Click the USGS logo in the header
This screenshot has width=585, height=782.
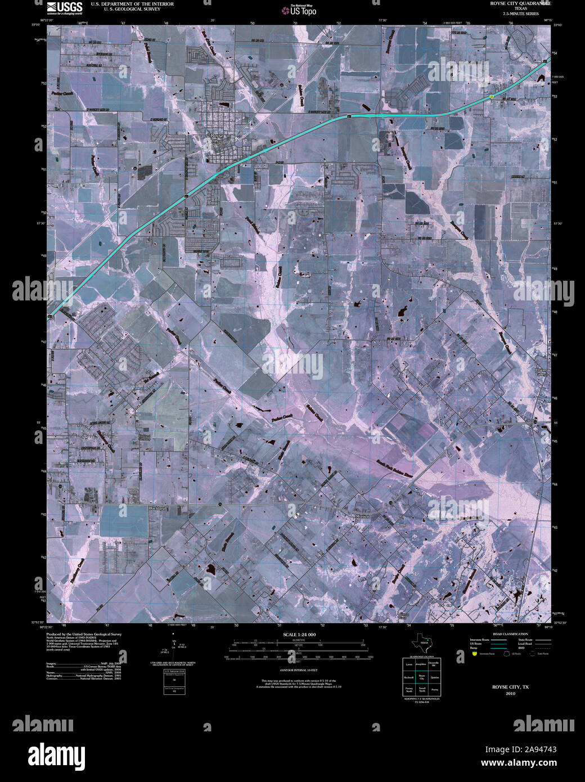(65, 7)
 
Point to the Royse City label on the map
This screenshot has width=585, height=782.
(217, 138)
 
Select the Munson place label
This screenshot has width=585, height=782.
(363, 515)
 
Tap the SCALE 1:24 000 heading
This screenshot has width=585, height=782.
(300, 635)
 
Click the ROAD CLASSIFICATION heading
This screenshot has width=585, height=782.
(510, 634)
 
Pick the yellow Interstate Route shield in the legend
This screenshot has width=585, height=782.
(475, 654)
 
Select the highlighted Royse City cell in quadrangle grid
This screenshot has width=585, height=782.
(421, 677)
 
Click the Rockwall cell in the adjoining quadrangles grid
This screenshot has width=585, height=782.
(408, 677)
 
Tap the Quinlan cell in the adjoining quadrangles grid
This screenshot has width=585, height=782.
(434, 677)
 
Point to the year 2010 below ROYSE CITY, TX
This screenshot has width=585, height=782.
(510, 693)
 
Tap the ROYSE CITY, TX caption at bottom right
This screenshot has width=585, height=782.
(510, 687)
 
